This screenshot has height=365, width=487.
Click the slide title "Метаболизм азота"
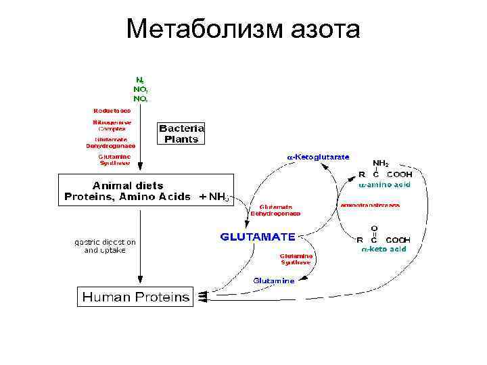(243, 29)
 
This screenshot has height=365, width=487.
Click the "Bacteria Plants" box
(181, 133)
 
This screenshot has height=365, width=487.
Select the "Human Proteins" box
(136, 296)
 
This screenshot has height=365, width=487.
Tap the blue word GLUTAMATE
(258, 237)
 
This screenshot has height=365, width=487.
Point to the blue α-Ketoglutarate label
(318, 157)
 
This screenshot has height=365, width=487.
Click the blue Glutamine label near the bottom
(273, 281)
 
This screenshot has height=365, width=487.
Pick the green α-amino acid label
(384, 183)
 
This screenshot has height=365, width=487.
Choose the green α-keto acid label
(383, 248)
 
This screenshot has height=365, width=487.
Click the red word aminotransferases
(370, 204)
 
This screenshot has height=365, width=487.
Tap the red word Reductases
(112, 110)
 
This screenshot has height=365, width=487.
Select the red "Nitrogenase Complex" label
(112, 125)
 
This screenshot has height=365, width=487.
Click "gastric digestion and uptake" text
(105, 245)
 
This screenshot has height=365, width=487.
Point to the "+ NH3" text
(215, 197)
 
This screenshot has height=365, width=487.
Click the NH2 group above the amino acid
(381, 163)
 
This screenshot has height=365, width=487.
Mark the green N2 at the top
(139, 80)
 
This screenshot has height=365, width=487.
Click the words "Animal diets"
(128, 185)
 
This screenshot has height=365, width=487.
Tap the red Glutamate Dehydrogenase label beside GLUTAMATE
(275, 210)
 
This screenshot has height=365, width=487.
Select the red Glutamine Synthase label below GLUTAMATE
(296, 259)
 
